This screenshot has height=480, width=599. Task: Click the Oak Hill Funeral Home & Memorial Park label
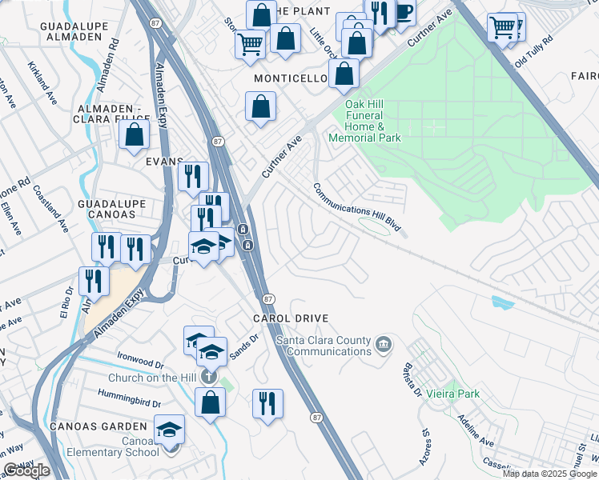point(373,121)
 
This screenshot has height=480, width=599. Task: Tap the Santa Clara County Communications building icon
point(384,345)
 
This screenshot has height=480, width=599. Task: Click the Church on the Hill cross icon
point(209,376)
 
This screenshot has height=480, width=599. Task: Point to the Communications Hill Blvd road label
point(356,208)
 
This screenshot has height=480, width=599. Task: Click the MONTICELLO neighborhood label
point(291,79)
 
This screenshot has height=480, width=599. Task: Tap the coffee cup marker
point(403,12)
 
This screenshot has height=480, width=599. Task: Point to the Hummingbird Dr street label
point(129,394)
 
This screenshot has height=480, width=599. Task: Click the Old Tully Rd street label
point(534,50)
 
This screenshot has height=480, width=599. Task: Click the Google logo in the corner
point(26,471)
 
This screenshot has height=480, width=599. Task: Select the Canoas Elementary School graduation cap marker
point(169,430)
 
